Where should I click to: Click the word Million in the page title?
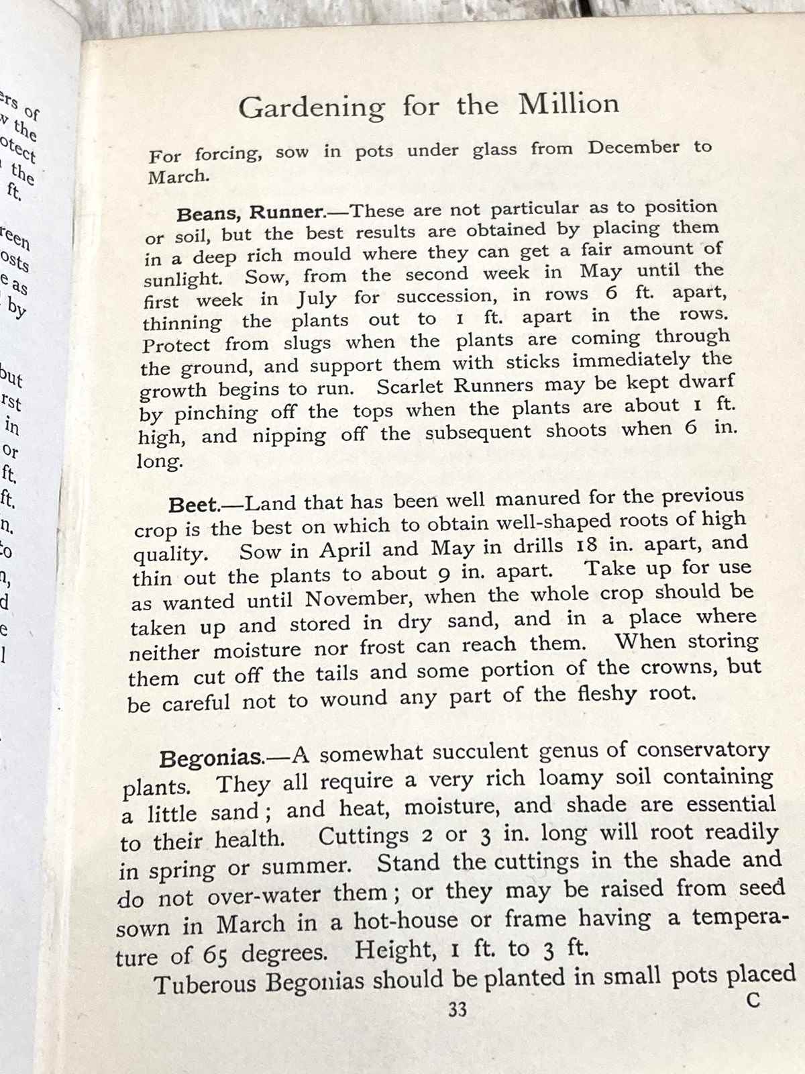point(568,104)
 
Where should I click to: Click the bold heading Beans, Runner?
point(251,213)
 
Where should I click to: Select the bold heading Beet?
point(194,504)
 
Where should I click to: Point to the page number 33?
point(458,1009)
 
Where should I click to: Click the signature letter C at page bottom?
point(753,1000)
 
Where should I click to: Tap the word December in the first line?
point(633,148)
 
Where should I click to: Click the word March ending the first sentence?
point(178,177)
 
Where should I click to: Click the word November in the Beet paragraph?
point(356,598)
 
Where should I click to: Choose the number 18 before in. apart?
point(586,544)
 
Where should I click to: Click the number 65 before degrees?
point(215,955)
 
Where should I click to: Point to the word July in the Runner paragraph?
point(318,298)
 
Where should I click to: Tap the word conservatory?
point(703,749)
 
